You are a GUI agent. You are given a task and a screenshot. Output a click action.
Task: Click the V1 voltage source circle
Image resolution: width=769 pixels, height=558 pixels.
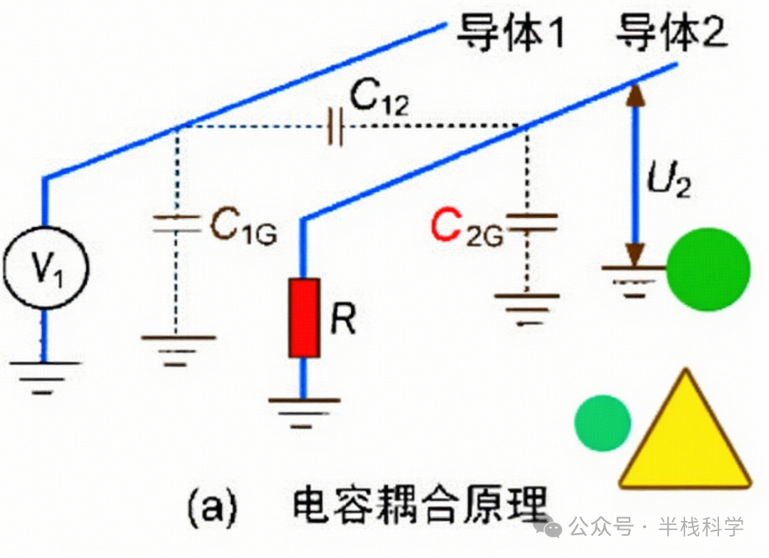pos(44,269)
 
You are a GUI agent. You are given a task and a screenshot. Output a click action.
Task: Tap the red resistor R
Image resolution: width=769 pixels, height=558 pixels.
pos(304,318)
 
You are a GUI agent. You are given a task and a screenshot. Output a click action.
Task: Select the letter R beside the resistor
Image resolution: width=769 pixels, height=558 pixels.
pos(343,321)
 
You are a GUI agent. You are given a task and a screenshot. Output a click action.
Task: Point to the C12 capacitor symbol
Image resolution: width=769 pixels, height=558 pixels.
pos(335,128)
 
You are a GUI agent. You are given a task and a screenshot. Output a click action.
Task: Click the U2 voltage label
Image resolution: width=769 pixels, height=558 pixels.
pos(669,178)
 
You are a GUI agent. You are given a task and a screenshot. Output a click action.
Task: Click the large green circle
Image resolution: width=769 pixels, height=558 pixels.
pos(708,269)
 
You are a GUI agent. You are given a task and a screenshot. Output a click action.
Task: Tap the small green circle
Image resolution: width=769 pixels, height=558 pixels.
pos(603,423)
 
